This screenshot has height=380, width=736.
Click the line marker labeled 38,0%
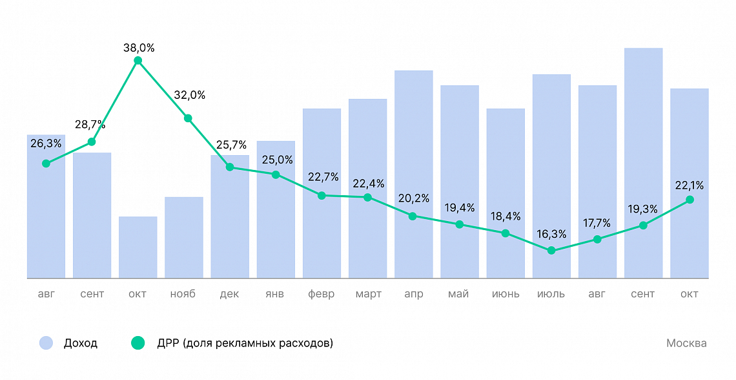coord(138,61)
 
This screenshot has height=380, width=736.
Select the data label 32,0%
coord(190,95)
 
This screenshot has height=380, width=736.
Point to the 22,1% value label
coord(690,185)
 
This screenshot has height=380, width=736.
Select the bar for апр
coord(414,174)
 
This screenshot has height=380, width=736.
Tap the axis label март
coord(368,294)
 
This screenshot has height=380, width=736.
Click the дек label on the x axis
coord(229,294)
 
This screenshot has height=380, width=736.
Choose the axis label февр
coord(322,294)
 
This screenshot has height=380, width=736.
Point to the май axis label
coord(459,294)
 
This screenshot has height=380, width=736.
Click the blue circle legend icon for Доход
coord(46,343)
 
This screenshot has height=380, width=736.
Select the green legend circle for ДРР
coord(138,343)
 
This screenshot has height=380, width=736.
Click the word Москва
coord(686,343)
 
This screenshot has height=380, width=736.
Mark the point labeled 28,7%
coord(92,142)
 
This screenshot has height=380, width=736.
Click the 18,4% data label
coord(506,216)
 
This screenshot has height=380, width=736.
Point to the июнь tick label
coord(506,294)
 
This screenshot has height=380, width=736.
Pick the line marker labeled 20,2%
coord(413,216)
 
